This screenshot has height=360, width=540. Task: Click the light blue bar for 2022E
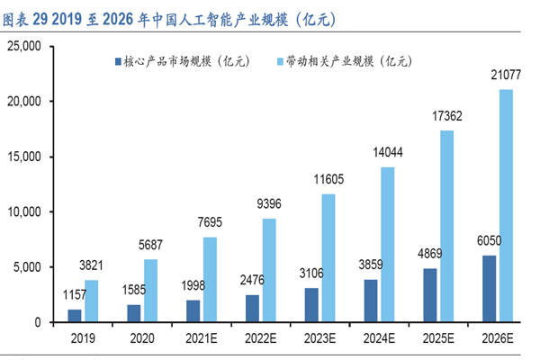269,270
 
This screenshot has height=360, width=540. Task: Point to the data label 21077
505,78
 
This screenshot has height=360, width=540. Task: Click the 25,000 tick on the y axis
37,47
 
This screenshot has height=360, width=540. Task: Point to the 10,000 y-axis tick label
37,212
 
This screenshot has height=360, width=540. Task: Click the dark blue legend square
116,62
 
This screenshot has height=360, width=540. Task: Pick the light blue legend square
279,62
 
